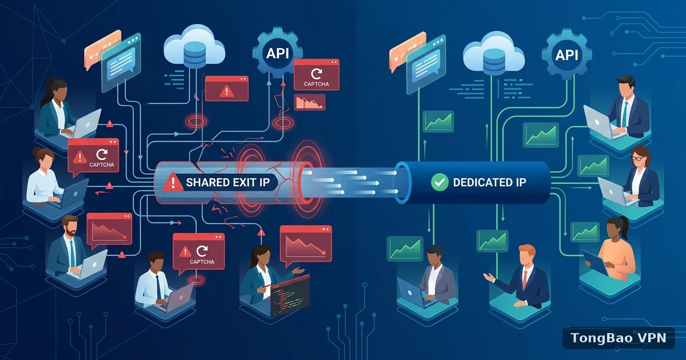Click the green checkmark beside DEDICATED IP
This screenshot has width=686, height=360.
point(440,182)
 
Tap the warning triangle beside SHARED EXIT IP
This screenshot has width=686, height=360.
point(173,182)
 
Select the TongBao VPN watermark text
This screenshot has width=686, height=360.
point(619,338)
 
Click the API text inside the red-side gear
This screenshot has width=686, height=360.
point(277,54)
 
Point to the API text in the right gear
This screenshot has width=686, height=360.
point(567,55)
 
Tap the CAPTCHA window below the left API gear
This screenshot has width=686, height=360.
point(316,75)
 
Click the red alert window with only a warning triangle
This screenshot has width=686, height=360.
point(226,89)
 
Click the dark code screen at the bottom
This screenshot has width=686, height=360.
point(290,296)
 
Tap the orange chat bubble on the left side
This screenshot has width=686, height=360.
point(101,49)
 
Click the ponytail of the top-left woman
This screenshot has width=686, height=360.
point(46,93)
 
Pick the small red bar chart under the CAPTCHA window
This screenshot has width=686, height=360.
point(309,102)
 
